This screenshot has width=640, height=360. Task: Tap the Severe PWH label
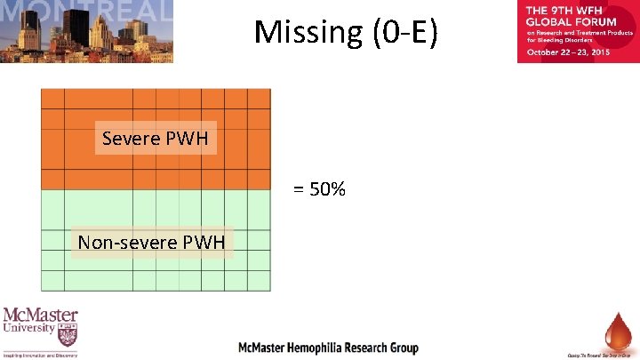tap(156, 139)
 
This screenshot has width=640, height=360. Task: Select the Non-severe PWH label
tap(151, 242)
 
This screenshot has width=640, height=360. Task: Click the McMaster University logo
tap(41, 332)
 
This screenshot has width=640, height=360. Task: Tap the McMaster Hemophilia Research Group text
tap(327, 348)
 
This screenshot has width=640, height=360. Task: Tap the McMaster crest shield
tap(67, 336)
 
